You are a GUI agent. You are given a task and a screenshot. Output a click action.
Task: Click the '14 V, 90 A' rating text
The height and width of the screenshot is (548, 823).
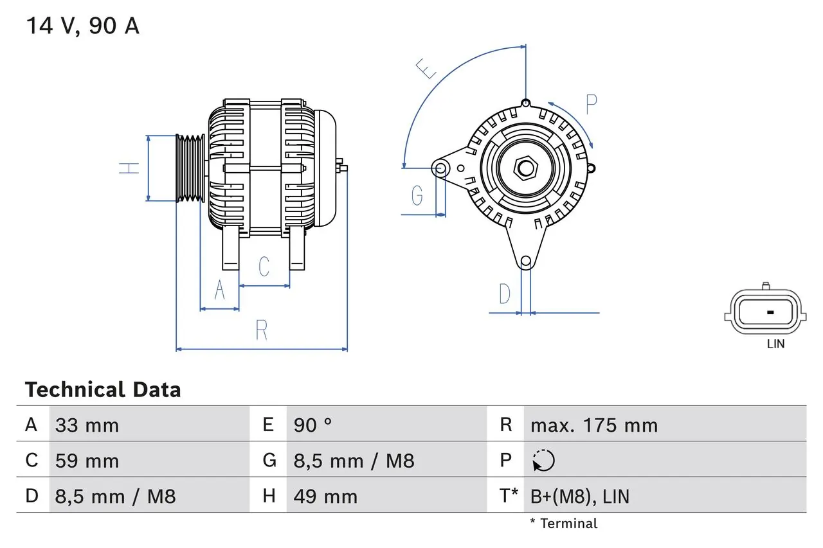[x=82, y=26]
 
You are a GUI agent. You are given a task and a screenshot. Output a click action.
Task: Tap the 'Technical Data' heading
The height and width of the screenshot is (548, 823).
[x=103, y=390]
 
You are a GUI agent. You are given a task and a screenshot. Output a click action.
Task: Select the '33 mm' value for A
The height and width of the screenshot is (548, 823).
[x=87, y=425]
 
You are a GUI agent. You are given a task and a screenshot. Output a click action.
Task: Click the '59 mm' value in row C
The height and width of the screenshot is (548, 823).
[x=87, y=461]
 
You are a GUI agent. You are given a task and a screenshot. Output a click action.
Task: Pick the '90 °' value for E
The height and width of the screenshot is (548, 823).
[x=313, y=425]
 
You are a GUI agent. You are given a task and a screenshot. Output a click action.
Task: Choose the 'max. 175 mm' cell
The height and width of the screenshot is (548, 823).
[x=593, y=425]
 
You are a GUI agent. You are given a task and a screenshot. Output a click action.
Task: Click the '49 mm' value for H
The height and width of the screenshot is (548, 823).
[x=325, y=496]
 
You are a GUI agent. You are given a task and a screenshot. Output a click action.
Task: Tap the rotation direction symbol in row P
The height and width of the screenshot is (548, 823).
[x=543, y=461]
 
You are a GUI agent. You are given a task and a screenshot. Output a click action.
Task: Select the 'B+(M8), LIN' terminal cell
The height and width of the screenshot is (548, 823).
[x=579, y=496]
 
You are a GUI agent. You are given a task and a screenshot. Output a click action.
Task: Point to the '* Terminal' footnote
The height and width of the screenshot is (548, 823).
[x=563, y=524]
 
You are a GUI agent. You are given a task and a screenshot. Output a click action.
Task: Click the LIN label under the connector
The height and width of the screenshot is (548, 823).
[x=775, y=344]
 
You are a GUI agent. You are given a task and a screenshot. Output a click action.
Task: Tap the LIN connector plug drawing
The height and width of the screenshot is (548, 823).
[x=765, y=313]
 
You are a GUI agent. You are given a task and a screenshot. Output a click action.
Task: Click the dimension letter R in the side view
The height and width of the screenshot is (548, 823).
[x=261, y=330]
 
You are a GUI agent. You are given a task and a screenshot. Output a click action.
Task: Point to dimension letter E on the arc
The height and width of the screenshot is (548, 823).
[x=425, y=67]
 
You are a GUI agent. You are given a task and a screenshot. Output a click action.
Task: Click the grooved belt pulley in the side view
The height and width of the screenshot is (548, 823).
[x=191, y=168]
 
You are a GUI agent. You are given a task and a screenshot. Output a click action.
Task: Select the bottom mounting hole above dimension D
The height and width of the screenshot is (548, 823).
[x=526, y=261]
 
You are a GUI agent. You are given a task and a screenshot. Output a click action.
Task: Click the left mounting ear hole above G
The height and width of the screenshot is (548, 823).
[x=440, y=169]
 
